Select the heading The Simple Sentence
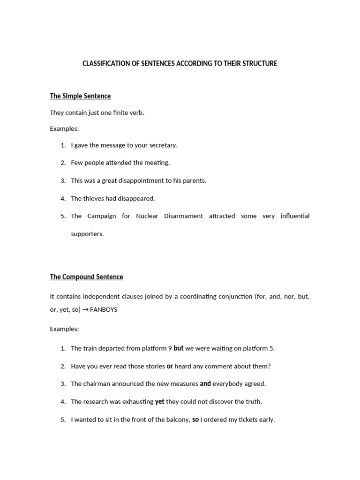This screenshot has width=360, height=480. pyautogui.click(x=80, y=96)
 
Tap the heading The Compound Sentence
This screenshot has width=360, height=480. pyautogui.click(x=86, y=277)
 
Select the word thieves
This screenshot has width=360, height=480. pyautogui.click(x=93, y=199)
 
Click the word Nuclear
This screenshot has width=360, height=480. pyautogui.click(x=147, y=216)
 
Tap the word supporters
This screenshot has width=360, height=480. pyautogui.click(x=87, y=234)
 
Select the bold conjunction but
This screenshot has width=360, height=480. pyautogui.click(x=179, y=348)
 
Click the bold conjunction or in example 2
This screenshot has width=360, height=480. pyautogui.click(x=170, y=366)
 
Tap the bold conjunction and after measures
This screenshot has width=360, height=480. pyautogui.click(x=205, y=384)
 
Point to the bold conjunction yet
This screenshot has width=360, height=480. pyautogui.click(x=160, y=402)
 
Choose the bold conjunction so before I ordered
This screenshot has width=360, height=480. pyautogui.click(x=195, y=420)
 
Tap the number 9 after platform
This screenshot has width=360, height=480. pyautogui.click(x=170, y=348)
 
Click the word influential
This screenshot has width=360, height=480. pyautogui.click(x=295, y=216)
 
